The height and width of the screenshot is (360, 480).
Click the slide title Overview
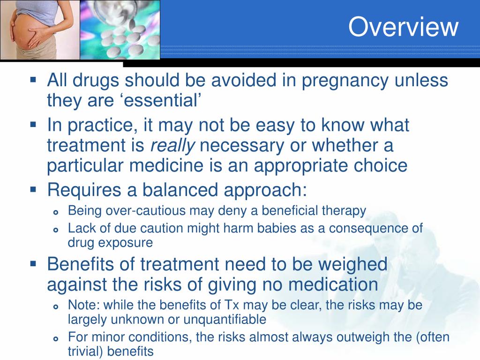[403, 27]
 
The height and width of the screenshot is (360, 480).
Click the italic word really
[172, 146]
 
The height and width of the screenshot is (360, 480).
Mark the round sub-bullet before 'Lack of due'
[56, 230]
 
